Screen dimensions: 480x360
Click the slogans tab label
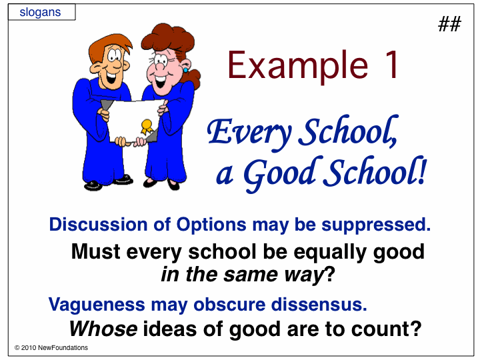(x=40, y=13)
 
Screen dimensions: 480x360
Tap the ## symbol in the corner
(x=449, y=24)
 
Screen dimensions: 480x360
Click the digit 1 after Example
(x=392, y=65)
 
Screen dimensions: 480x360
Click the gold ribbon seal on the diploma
(x=147, y=127)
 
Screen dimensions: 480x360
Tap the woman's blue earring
(x=185, y=70)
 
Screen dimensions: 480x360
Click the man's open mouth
(x=111, y=77)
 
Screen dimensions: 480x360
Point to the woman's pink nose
(x=159, y=67)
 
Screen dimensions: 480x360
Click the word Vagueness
(x=97, y=305)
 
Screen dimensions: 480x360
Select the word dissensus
(x=319, y=305)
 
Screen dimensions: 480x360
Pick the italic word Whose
(x=103, y=329)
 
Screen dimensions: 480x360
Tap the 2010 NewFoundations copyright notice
(x=51, y=348)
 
